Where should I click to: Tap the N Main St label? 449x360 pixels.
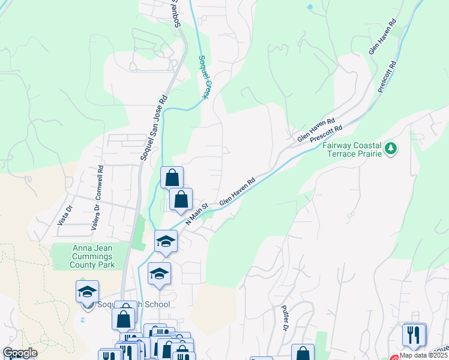(x=197, y=214)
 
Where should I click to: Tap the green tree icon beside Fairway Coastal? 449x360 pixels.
(x=391, y=148)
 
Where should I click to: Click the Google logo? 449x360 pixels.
(x=20, y=353)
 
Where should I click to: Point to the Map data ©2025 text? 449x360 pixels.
(x=424, y=355)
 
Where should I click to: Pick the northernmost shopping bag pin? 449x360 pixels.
(x=172, y=178)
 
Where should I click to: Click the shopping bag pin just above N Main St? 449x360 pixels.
(x=180, y=199)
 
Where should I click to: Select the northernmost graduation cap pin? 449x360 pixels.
(x=166, y=242)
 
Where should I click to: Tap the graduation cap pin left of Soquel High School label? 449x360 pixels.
(x=87, y=292)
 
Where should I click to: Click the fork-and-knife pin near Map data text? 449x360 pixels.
(x=413, y=334)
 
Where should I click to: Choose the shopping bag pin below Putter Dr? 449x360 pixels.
(x=303, y=353)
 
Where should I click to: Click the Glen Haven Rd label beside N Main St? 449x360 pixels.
(x=238, y=191)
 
